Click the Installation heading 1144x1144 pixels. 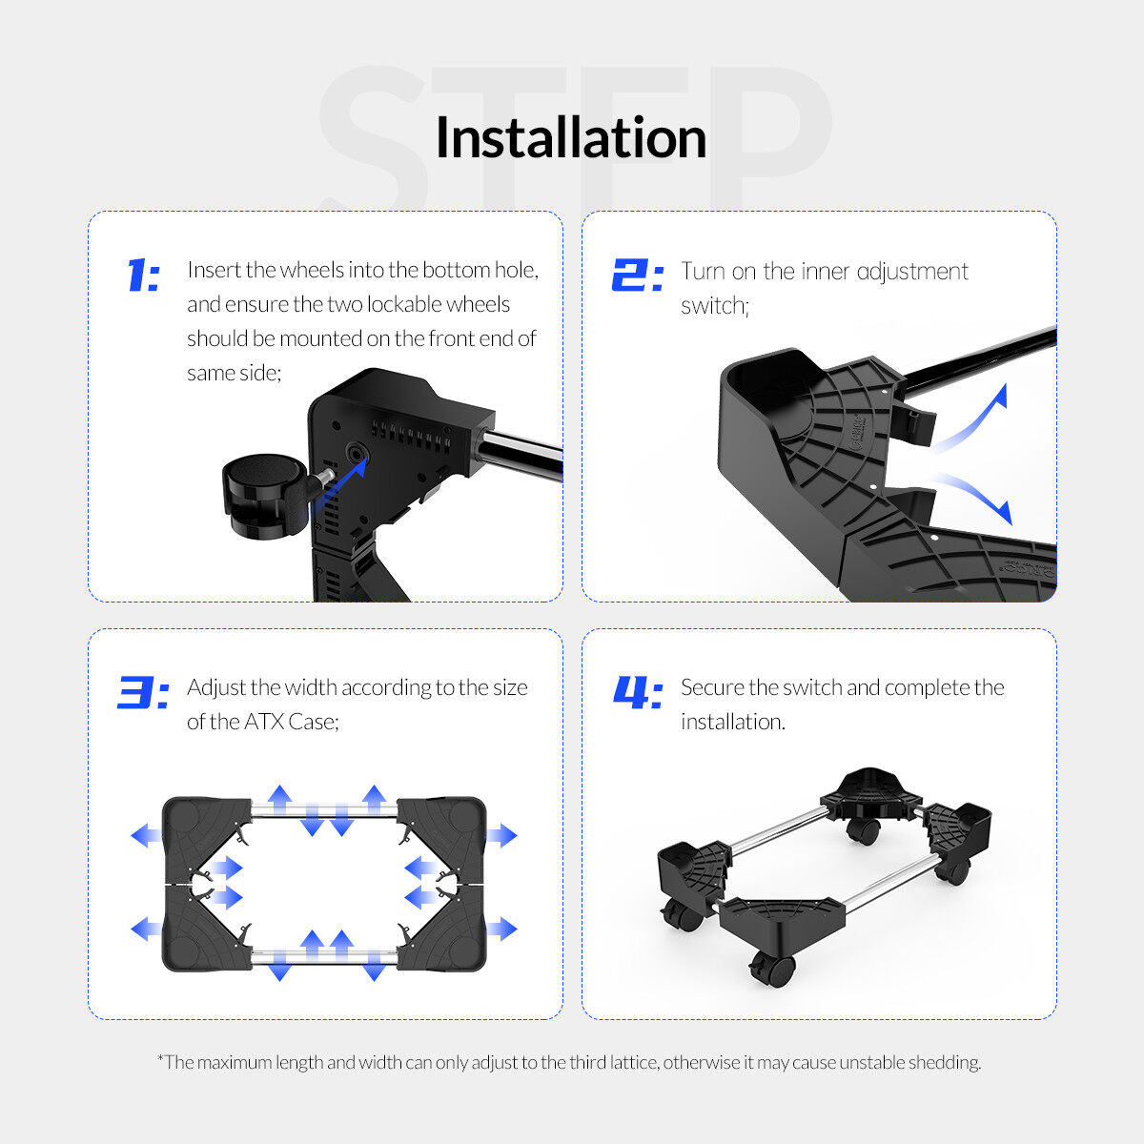[571, 137]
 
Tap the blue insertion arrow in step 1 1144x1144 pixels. [339, 484]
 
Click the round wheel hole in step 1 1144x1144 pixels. [357, 454]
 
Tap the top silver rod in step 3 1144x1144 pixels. [324, 810]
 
